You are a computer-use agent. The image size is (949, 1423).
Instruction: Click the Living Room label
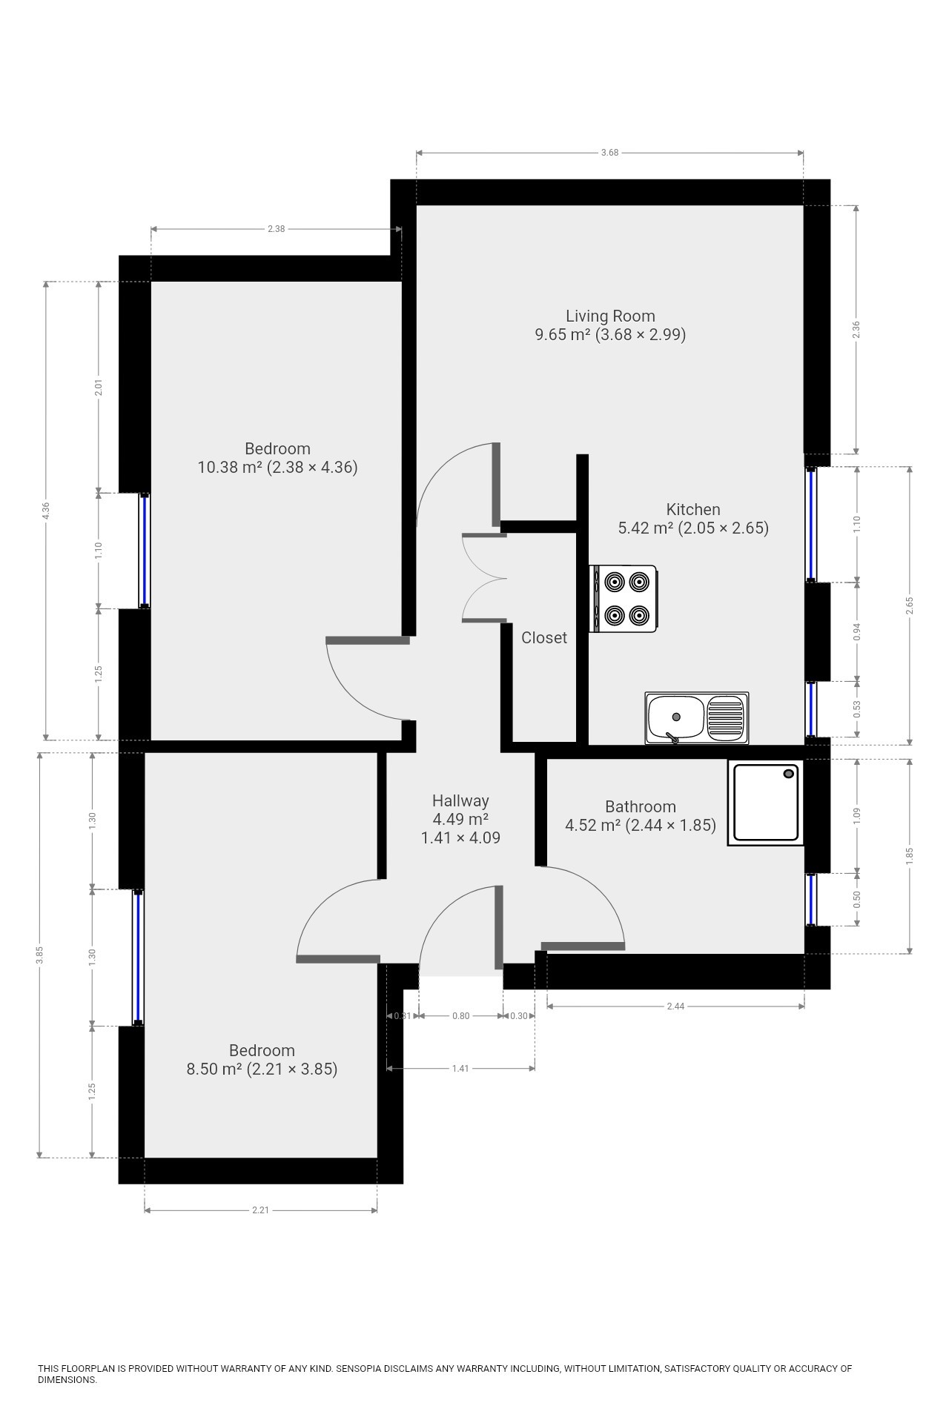(610, 316)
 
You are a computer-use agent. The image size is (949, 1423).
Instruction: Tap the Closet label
(544, 637)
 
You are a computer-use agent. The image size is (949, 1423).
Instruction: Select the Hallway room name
(460, 801)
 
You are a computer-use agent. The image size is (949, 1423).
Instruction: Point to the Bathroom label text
(641, 806)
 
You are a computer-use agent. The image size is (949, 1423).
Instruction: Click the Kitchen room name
(693, 509)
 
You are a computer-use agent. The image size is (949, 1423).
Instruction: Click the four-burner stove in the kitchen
(624, 599)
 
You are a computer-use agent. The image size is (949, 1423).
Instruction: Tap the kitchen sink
(697, 717)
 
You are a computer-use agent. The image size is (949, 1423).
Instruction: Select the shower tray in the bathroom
(766, 803)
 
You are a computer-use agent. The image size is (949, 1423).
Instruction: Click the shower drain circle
(789, 774)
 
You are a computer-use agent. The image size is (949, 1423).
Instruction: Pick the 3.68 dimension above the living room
(609, 153)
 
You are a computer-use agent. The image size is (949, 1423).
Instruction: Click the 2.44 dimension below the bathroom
(675, 1006)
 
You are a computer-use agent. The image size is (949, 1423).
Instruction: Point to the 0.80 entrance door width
(460, 1015)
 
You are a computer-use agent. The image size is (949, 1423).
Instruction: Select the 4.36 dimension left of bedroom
(46, 511)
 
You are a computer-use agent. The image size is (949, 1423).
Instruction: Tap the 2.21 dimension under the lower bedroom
(260, 1210)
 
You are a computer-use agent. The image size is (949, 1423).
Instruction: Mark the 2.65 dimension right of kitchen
(910, 606)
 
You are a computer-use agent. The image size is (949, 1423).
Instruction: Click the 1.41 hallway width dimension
(460, 1069)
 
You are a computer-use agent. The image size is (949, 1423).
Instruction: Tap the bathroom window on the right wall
(812, 900)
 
